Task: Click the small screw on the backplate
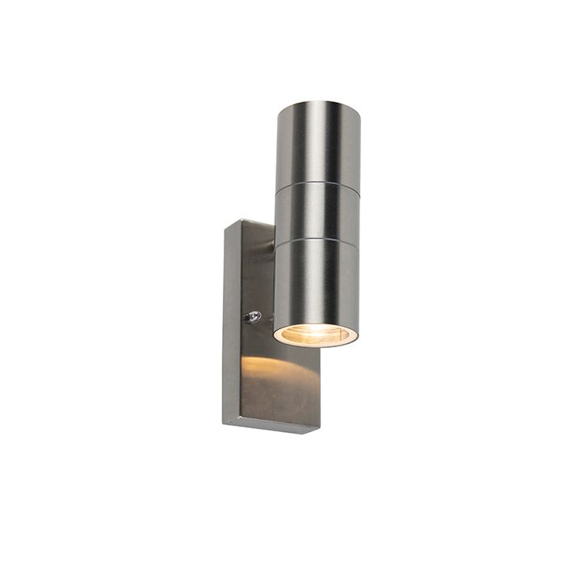tap(254, 317)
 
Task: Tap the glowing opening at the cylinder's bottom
tap(316, 334)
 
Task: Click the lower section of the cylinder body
tap(317, 279)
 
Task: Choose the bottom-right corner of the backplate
tap(317, 432)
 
